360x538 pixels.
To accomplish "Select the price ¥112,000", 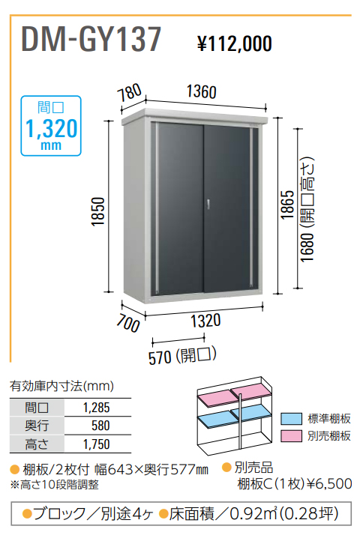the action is click(x=235, y=44).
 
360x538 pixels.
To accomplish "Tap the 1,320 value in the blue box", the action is click(x=52, y=129).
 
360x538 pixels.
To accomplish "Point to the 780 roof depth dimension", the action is click(x=129, y=93).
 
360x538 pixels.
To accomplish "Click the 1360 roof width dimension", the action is click(x=202, y=91).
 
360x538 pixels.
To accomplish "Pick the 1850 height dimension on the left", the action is click(x=98, y=211).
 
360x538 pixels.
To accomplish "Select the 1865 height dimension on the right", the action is click(x=288, y=205).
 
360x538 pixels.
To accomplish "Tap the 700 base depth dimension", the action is click(x=127, y=324).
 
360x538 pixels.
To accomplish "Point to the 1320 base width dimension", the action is click(x=205, y=321).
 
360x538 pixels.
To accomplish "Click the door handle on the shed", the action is click(x=208, y=204).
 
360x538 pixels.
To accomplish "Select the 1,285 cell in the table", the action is click(x=97, y=408).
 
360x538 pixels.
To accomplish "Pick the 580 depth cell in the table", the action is click(x=100, y=426).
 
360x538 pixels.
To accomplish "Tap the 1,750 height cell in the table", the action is click(x=97, y=444).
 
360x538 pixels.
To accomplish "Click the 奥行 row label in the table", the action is click(x=37, y=426).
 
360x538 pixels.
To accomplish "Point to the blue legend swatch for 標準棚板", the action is click(x=291, y=419).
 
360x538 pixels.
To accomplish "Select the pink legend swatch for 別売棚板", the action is click(x=291, y=436).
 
